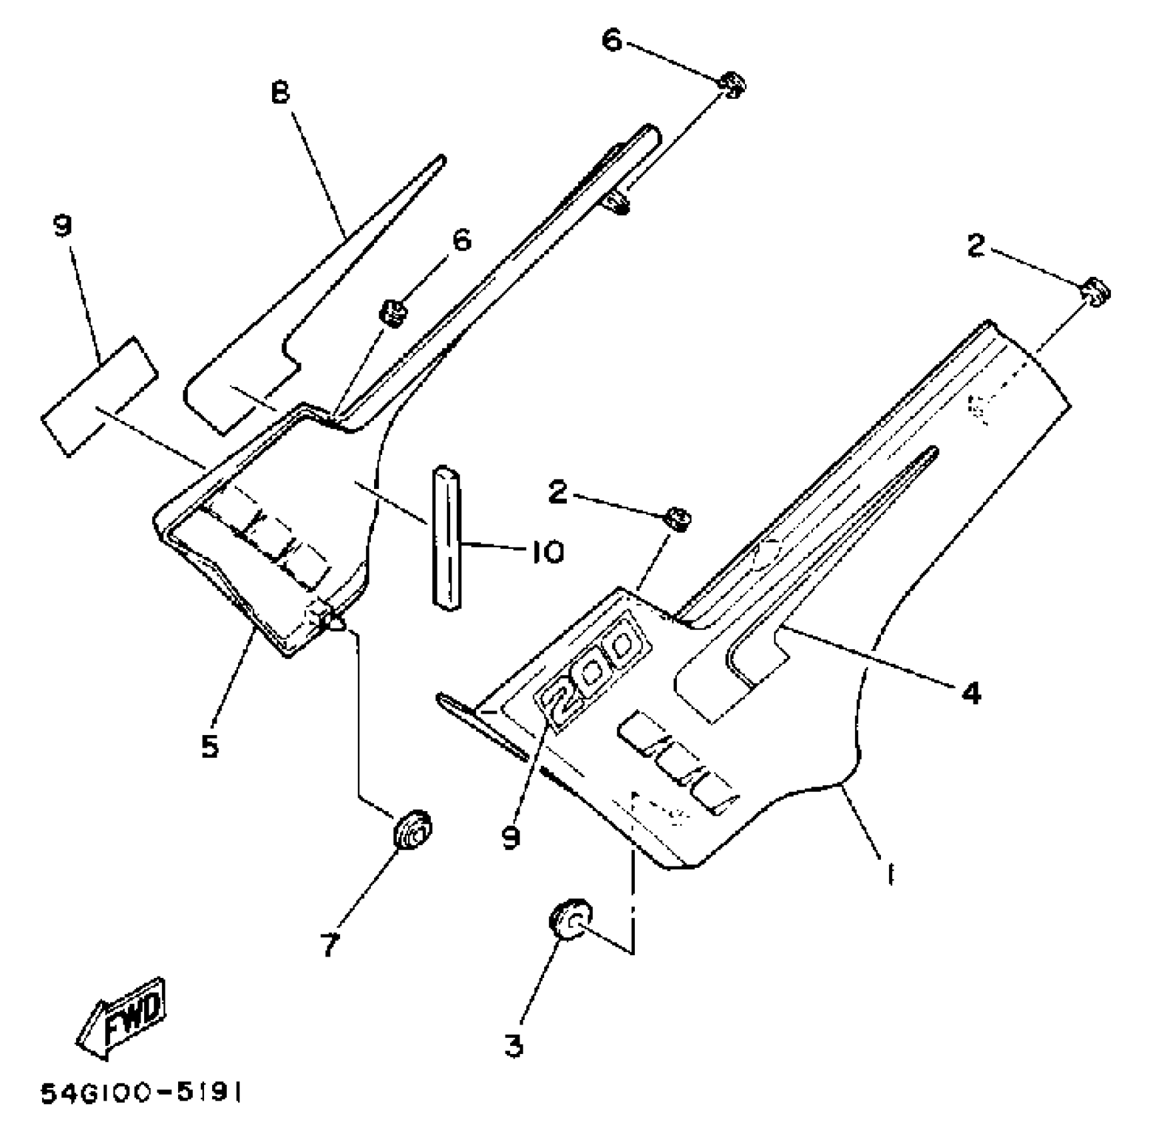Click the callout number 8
[281, 91]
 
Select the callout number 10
[547, 552]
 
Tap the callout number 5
[210, 746]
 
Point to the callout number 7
[329, 944]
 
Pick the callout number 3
[513, 1045]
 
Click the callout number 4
[972, 693]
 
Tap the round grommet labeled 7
[413, 829]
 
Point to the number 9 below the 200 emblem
[511, 838]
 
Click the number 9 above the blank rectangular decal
[62, 226]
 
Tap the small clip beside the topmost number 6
[732, 85]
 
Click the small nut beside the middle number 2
[678, 518]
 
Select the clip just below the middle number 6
[393, 313]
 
